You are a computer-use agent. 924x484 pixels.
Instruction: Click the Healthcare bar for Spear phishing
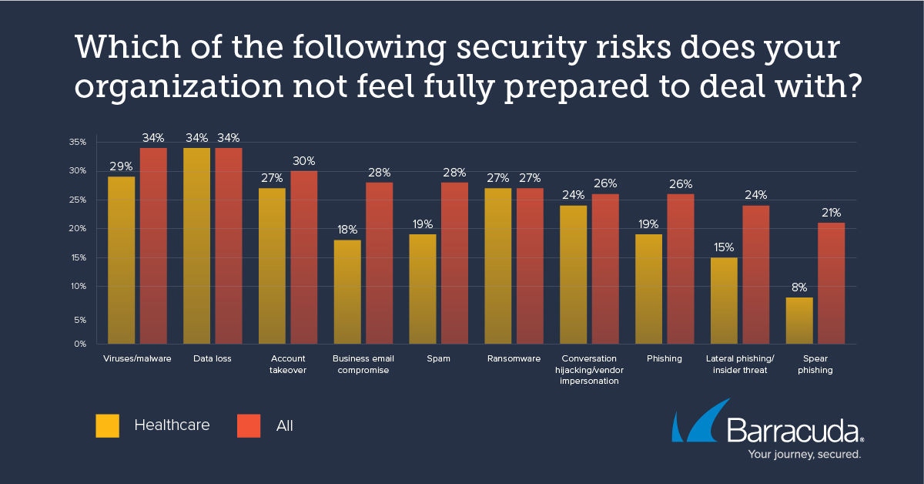pyautogui.click(x=799, y=321)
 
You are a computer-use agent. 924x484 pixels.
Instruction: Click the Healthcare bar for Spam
pyautogui.click(x=422, y=289)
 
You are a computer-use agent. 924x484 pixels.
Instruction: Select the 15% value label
pyautogui.click(x=724, y=247)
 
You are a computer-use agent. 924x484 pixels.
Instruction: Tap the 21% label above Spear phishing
pyautogui.click(x=832, y=213)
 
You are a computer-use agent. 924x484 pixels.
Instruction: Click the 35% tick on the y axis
pyautogui.click(x=77, y=143)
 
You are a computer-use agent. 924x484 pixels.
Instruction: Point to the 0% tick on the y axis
pyautogui.click(x=79, y=344)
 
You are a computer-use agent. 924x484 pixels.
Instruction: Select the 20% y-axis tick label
pyautogui.click(x=77, y=229)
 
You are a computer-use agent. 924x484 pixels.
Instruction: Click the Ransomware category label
pyautogui.click(x=514, y=358)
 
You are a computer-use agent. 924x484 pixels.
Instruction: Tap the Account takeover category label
pyautogui.click(x=288, y=364)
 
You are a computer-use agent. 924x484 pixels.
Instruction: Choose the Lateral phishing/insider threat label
pyautogui.click(x=739, y=364)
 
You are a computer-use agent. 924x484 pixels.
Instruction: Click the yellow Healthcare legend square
pyautogui.click(x=108, y=425)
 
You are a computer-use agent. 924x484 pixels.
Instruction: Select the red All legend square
pyautogui.click(x=249, y=425)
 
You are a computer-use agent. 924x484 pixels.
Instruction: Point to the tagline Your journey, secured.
pyautogui.click(x=805, y=455)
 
